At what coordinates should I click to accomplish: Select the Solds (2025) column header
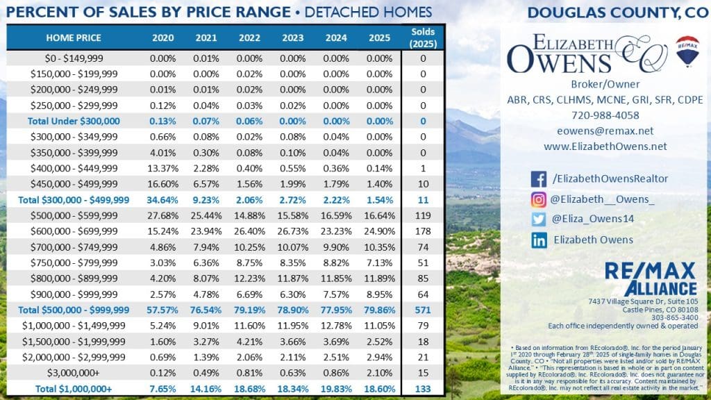423,37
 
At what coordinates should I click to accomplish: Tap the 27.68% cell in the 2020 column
162,215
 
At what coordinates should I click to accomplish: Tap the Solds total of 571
423,310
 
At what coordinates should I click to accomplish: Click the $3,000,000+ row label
74,374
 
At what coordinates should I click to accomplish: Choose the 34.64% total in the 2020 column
162,200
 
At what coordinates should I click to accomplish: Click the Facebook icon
539,179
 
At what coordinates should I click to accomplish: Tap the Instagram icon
539,199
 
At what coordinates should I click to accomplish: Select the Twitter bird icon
539,219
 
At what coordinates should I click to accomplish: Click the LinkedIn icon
539,240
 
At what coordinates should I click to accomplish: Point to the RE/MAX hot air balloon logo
686,52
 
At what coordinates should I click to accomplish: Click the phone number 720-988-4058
605,115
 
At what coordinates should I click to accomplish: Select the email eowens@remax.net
605,131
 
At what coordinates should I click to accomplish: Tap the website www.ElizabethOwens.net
605,146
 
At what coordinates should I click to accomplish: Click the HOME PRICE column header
74,37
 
